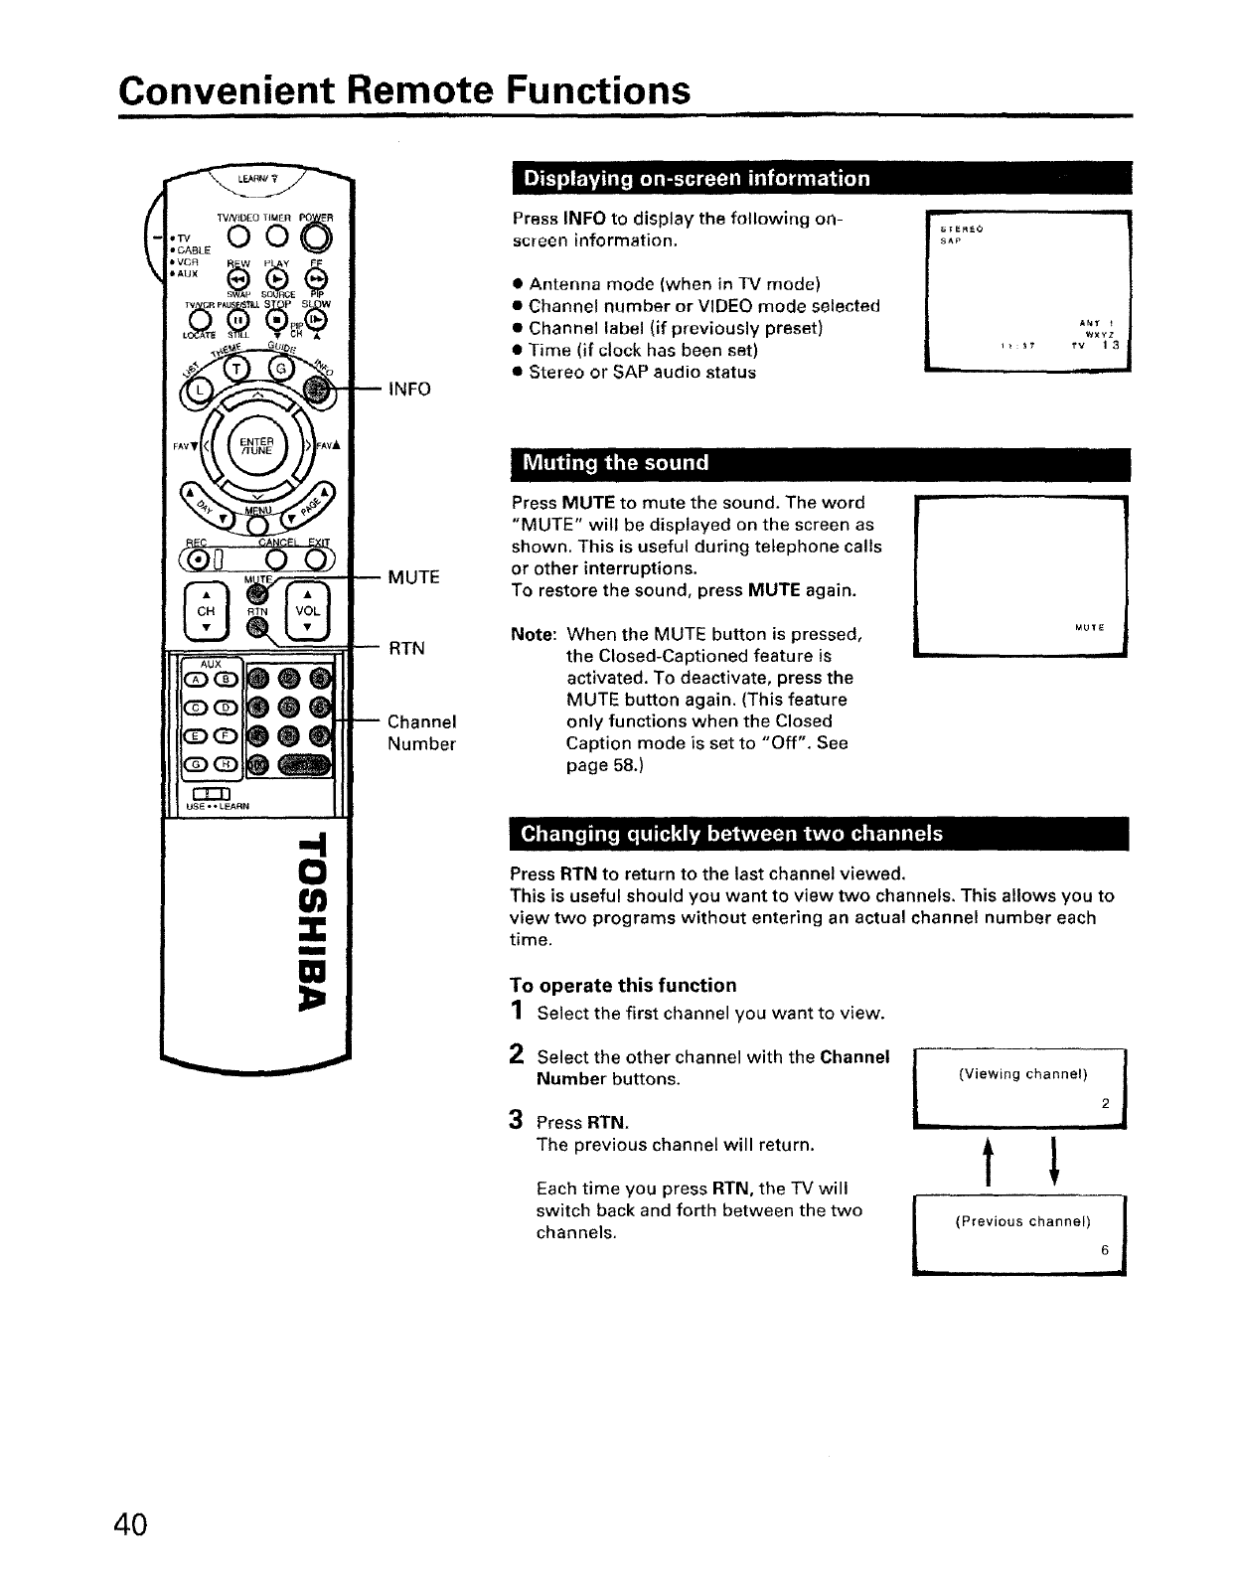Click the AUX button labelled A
pyautogui.click(x=191, y=680)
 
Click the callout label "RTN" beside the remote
pyautogui.click(x=406, y=649)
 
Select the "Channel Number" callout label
pyautogui.click(x=421, y=732)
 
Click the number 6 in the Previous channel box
pyautogui.click(x=1104, y=1250)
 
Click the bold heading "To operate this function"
pyautogui.click(x=623, y=985)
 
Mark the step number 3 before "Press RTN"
pyautogui.click(x=517, y=1120)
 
